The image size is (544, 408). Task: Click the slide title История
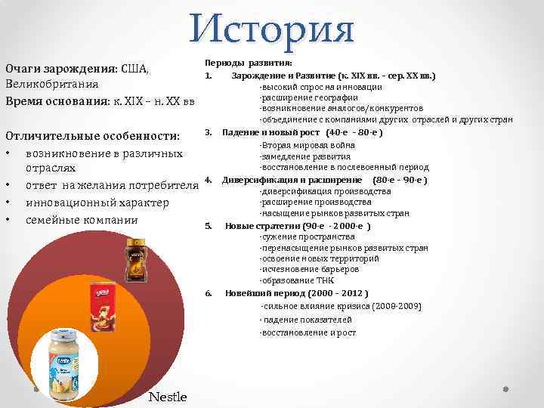pos(272,28)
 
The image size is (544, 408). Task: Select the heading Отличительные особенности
pos(93,136)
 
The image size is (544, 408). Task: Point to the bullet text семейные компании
pos(82,220)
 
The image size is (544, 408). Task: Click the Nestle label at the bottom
pos(168,397)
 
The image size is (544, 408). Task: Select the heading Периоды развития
pos(249,63)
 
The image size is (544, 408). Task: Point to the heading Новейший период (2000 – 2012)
pos(297,293)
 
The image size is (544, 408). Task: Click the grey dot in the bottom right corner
pos(506,390)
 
